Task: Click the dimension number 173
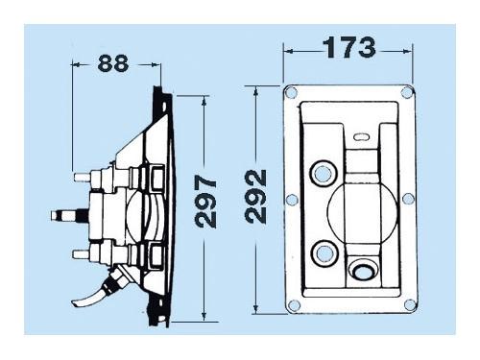click(349, 48)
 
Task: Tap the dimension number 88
click(113, 63)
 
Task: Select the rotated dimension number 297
click(206, 202)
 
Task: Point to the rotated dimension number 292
click(255, 196)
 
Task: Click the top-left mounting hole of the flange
click(291, 92)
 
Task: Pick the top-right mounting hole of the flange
click(406, 92)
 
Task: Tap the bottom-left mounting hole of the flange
click(294, 305)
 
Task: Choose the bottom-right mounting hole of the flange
click(410, 305)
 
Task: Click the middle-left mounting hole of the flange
click(292, 200)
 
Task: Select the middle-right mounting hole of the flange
click(408, 199)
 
